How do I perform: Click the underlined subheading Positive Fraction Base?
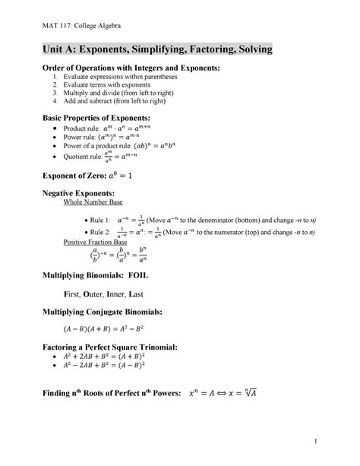tap(97, 242)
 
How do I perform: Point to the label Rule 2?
tap(98, 231)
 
